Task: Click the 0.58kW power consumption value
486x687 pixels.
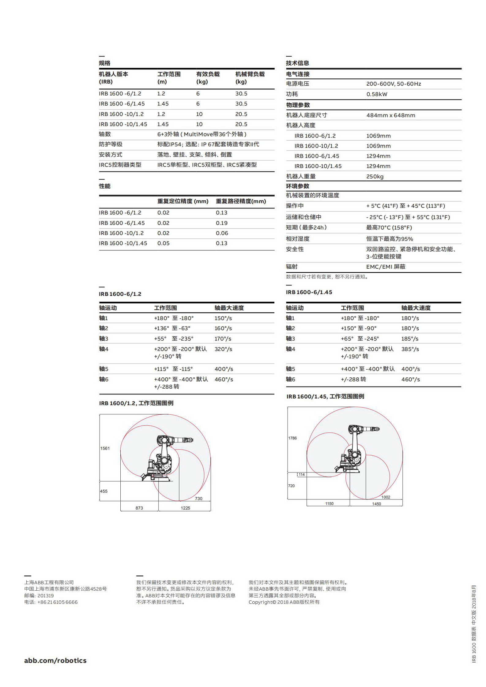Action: click(377, 94)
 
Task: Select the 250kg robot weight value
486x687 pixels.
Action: click(375, 177)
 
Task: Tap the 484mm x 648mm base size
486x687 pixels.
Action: click(391, 115)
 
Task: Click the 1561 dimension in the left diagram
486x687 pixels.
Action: click(105, 448)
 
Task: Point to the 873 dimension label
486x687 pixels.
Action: click(139, 508)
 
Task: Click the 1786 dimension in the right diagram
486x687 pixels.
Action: click(292, 438)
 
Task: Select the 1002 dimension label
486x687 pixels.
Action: click(386, 497)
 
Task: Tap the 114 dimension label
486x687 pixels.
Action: click(302, 475)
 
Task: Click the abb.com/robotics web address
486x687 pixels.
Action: click(55, 660)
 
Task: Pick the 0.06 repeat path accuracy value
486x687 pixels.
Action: click(222, 233)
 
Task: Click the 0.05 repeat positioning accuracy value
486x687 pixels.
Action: click(163, 243)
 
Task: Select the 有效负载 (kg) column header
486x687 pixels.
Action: click(208, 78)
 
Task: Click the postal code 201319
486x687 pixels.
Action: click(46, 596)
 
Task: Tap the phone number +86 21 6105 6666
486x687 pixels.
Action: click(58, 602)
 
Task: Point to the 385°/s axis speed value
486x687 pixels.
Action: click(410, 349)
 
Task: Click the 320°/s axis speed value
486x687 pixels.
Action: click(223, 349)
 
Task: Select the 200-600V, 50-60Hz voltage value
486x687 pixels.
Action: click(394, 84)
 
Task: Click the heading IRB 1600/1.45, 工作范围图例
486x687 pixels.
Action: click(325, 396)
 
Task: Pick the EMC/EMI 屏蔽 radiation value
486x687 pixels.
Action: click(386, 267)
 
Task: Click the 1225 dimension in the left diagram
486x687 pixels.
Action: click(185, 508)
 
